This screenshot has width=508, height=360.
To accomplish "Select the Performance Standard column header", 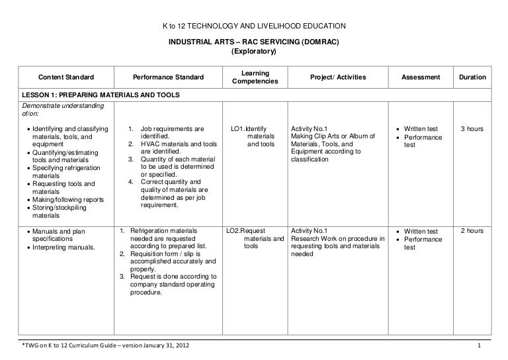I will (168, 78).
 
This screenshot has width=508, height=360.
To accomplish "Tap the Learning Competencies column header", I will (255, 77).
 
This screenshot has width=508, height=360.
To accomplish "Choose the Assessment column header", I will (420, 78).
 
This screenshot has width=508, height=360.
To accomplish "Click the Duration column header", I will (472, 78).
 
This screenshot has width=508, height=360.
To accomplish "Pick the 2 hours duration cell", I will (472, 231).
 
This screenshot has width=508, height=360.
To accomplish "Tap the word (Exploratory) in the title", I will (254, 51).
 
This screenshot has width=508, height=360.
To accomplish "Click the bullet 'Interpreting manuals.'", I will (63, 247).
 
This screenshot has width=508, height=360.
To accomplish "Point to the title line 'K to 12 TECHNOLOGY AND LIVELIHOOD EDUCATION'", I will (254, 26).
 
